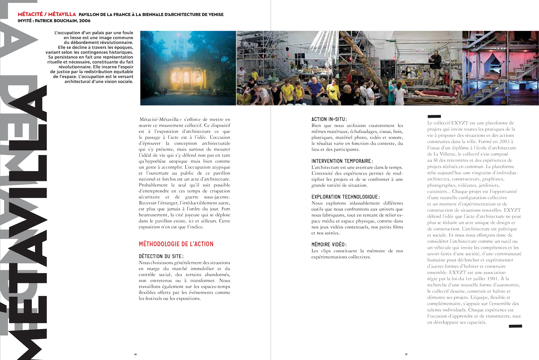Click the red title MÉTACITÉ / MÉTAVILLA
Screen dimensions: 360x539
point(47,14)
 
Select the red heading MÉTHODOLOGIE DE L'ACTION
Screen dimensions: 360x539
point(176,244)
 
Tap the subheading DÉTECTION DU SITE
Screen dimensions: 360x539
point(161,256)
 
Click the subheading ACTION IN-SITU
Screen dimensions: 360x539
point(329,119)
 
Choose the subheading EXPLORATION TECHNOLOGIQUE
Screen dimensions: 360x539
point(345,197)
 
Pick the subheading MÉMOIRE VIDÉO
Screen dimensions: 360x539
point(329,245)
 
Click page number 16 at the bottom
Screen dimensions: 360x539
point(135,354)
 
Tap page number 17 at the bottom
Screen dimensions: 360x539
point(406,354)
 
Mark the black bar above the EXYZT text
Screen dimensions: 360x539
point(434,117)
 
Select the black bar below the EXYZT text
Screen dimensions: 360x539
point(515,326)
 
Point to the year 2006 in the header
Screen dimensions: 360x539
point(85,21)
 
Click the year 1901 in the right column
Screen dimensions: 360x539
point(493,279)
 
